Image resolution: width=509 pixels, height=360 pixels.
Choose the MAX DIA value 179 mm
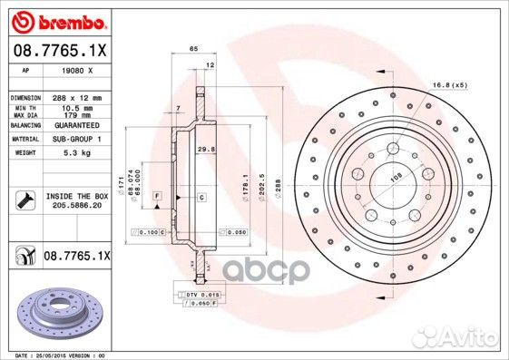[x=74, y=115]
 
